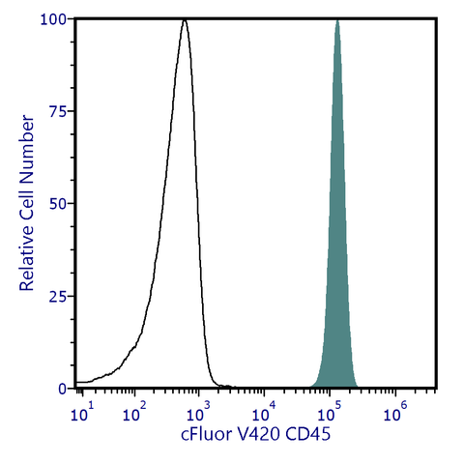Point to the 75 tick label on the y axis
pyautogui.click(x=58, y=111)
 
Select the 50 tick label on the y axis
pyautogui.click(x=58, y=204)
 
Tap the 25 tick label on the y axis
pyautogui.click(x=58, y=296)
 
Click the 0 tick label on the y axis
pyautogui.click(x=62, y=388)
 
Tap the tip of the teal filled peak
pyautogui.click(x=337, y=19)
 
